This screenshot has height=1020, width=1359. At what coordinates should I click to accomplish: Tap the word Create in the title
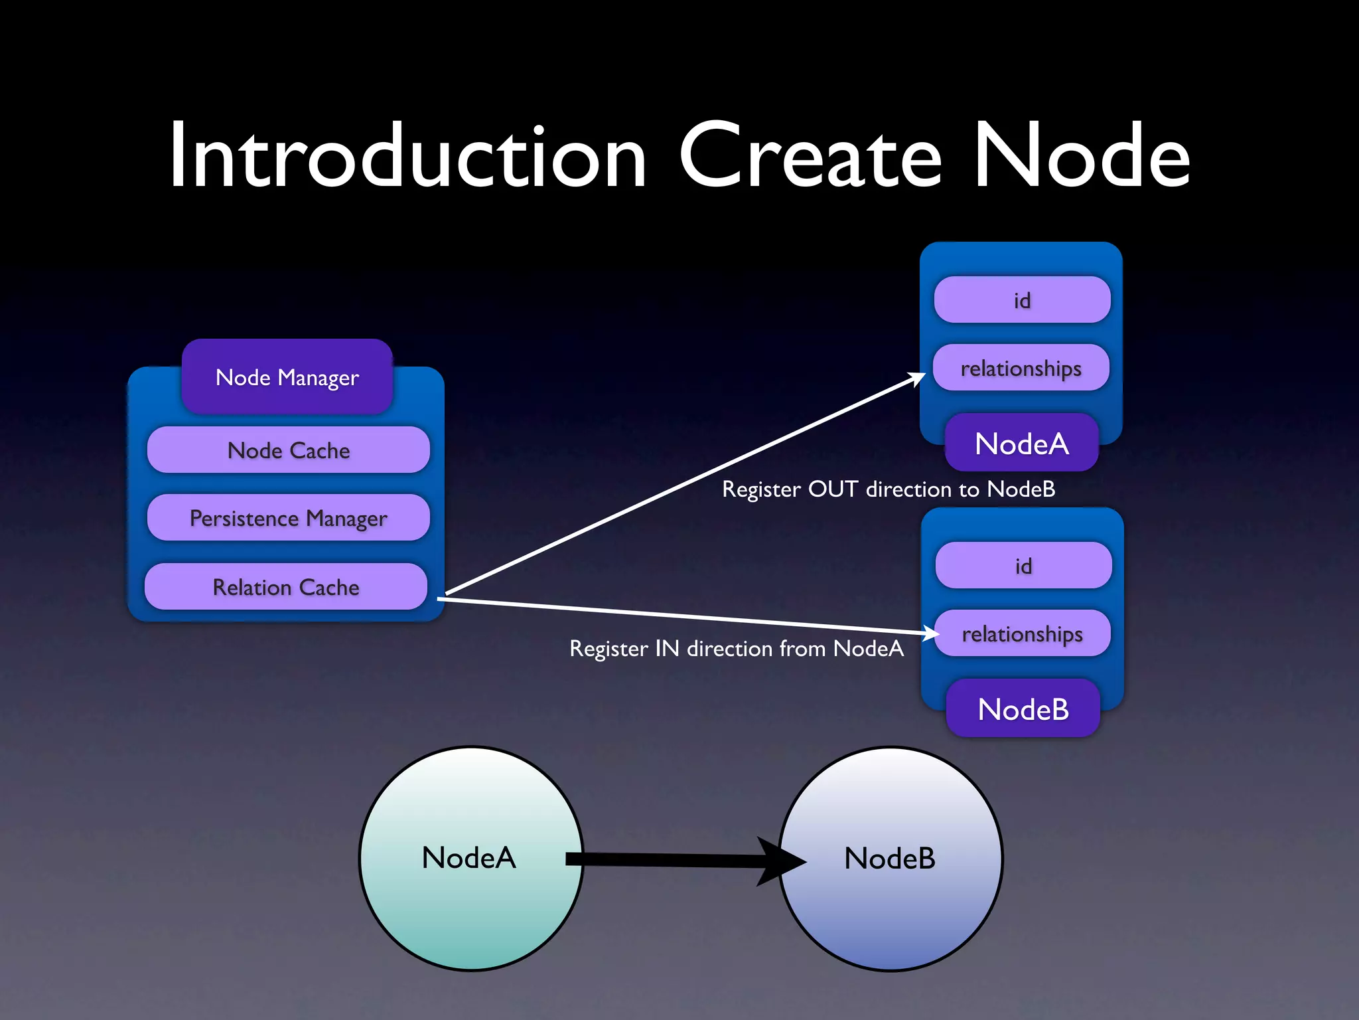[810, 157]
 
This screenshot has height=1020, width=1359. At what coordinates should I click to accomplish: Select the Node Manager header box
[287, 377]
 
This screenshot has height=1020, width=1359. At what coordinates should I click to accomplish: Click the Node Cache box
[288, 450]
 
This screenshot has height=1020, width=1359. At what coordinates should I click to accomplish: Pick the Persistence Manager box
[288, 518]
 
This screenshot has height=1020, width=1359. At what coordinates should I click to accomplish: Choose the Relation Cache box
[285, 587]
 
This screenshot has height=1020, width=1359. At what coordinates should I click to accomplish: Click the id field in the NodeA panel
[1022, 300]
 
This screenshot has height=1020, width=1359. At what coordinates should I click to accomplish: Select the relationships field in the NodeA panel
[1021, 368]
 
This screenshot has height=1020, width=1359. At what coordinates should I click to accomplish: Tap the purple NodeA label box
[1021, 444]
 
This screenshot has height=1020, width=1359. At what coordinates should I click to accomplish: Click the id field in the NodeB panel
[1023, 566]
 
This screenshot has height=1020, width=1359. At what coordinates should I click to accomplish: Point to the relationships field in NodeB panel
[1022, 634]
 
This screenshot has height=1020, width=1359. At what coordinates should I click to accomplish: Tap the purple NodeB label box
[1023, 709]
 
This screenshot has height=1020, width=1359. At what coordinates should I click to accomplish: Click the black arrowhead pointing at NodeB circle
[783, 861]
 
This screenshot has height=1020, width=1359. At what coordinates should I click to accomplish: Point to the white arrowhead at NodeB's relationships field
[930, 632]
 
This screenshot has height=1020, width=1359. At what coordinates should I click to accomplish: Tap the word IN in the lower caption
[667, 649]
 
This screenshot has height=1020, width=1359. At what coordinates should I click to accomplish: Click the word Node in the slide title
[1082, 157]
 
